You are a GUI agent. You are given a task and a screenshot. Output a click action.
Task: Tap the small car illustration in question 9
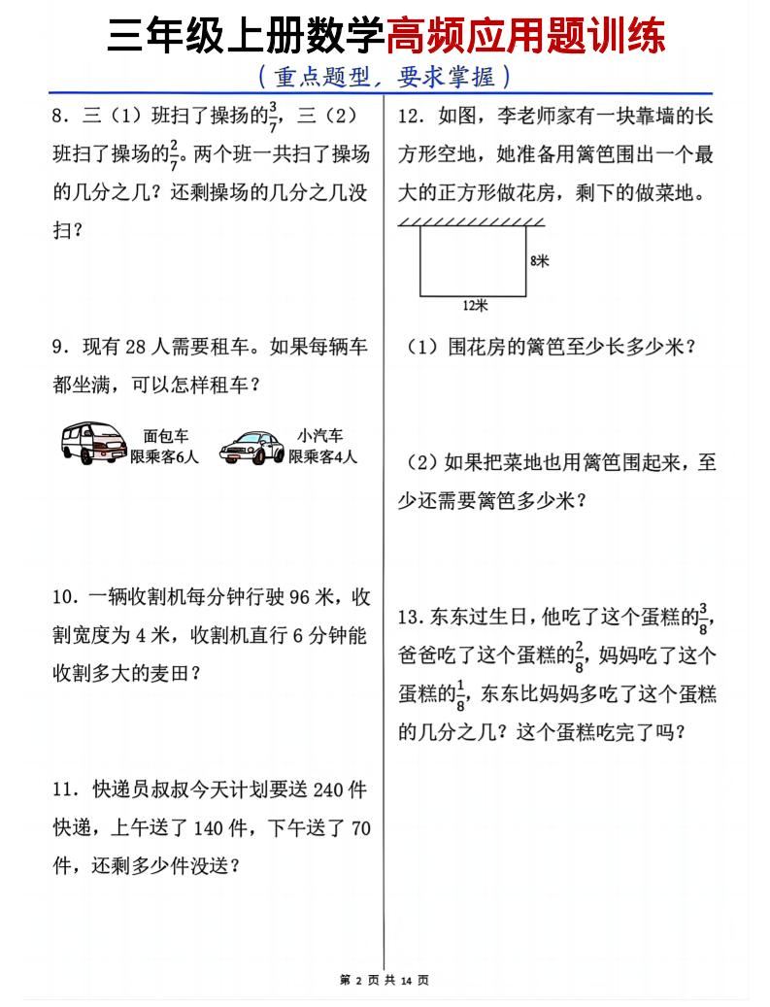tap(252, 447)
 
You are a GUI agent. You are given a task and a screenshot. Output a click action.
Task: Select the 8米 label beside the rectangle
tap(540, 260)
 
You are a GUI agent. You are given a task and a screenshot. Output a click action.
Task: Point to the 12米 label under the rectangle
tap(474, 305)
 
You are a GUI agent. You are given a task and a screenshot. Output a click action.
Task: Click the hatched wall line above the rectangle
tap(473, 222)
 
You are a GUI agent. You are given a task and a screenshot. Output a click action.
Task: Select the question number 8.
tap(59, 117)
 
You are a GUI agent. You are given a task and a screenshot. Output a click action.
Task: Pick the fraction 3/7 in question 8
tap(274, 116)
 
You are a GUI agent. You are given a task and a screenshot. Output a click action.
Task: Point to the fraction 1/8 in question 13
tap(461, 693)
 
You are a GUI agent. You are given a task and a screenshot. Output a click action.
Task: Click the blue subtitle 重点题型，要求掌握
tap(385, 76)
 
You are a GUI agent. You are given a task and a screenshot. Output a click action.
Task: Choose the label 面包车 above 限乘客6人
tap(165, 437)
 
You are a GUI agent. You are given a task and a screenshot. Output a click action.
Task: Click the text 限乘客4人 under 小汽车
tap(323, 455)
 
